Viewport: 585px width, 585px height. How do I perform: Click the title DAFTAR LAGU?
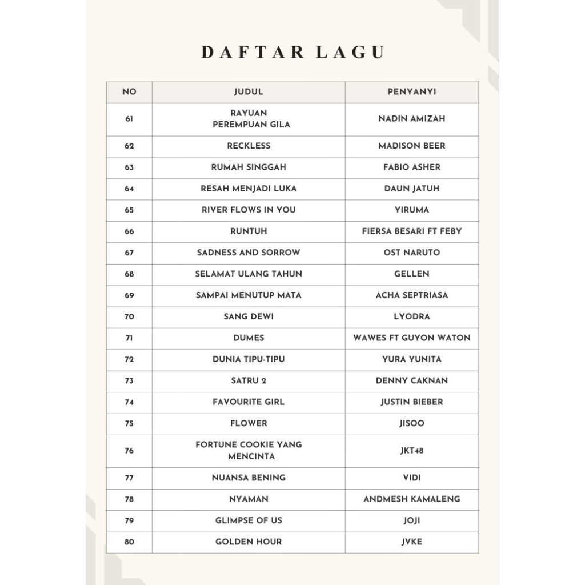292,52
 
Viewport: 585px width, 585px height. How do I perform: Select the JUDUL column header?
249,91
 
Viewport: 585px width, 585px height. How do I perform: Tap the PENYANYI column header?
411,91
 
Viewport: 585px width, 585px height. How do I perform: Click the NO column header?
129,91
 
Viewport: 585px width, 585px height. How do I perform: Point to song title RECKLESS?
249,146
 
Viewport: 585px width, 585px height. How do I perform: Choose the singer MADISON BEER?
411,146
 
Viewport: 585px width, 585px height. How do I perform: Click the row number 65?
129,210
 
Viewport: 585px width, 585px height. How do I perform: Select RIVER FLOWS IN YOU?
249,210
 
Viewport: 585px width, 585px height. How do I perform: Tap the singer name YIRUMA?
411,210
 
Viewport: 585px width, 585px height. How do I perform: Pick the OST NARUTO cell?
411,253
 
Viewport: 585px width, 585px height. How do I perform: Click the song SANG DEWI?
249,316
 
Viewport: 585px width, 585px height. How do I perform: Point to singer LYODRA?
411,316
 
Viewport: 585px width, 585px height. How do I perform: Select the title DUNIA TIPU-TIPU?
249,359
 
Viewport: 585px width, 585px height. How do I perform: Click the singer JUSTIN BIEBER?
411,402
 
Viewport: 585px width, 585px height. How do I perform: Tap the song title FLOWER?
249,423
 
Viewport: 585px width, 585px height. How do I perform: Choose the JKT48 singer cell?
411,451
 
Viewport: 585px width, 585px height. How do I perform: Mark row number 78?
129,499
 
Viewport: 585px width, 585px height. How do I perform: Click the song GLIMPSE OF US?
249,520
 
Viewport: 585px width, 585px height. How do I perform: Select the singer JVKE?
411,542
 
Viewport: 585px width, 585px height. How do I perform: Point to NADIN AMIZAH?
411,119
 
